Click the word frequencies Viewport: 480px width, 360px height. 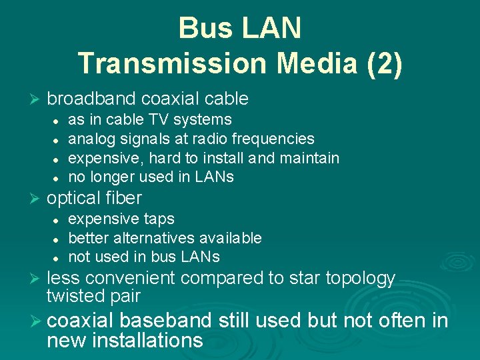273,139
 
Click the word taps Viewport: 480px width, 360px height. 159,219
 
